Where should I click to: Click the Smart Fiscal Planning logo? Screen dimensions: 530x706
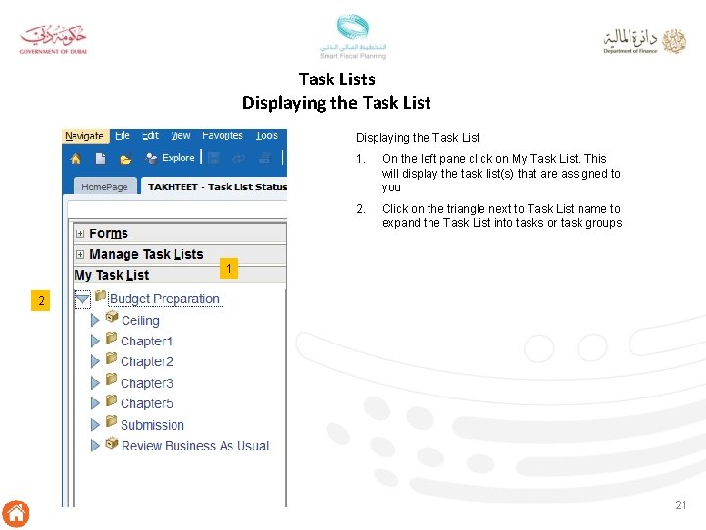tap(353, 36)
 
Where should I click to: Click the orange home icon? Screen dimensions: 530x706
tap(16, 512)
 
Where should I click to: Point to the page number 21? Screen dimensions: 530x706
tap(681, 504)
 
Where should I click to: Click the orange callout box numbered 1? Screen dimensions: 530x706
tap(228, 269)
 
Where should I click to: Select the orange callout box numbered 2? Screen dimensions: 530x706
tap(41, 301)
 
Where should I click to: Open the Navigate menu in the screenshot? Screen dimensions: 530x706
tap(84, 136)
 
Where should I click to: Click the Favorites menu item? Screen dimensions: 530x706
tap(223, 136)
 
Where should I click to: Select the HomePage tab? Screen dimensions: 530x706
tap(104, 186)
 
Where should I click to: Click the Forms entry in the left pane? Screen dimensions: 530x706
tap(108, 233)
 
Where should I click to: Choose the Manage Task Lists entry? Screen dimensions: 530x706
tap(146, 254)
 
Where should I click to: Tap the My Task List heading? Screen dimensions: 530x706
tap(112, 275)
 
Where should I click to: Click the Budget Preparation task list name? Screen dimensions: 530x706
tap(165, 299)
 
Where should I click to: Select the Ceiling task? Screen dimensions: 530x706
tap(139, 321)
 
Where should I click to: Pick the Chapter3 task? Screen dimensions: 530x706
tap(146, 383)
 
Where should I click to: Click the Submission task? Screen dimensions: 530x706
tap(152, 425)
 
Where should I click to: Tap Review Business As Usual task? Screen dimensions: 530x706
tap(194, 446)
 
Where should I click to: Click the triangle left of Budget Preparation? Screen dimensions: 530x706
tap(82, 298)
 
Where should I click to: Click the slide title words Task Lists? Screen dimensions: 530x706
tap(336, 79)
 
